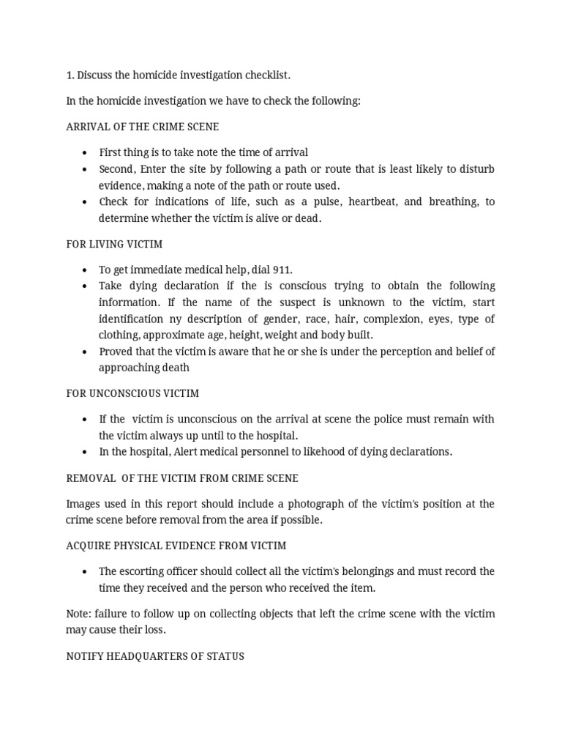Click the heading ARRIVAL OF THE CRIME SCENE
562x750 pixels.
point(142,127)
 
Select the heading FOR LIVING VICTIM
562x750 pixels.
point(115,244)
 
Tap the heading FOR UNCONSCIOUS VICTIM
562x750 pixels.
point(132,393)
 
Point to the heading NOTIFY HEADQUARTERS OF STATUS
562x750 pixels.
point(155,656)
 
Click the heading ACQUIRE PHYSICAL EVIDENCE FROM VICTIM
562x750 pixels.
point(176,546)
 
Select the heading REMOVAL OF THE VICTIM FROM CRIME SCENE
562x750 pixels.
point(182,478)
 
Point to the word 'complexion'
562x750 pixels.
point(391,319)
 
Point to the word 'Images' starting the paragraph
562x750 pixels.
point(83,504)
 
